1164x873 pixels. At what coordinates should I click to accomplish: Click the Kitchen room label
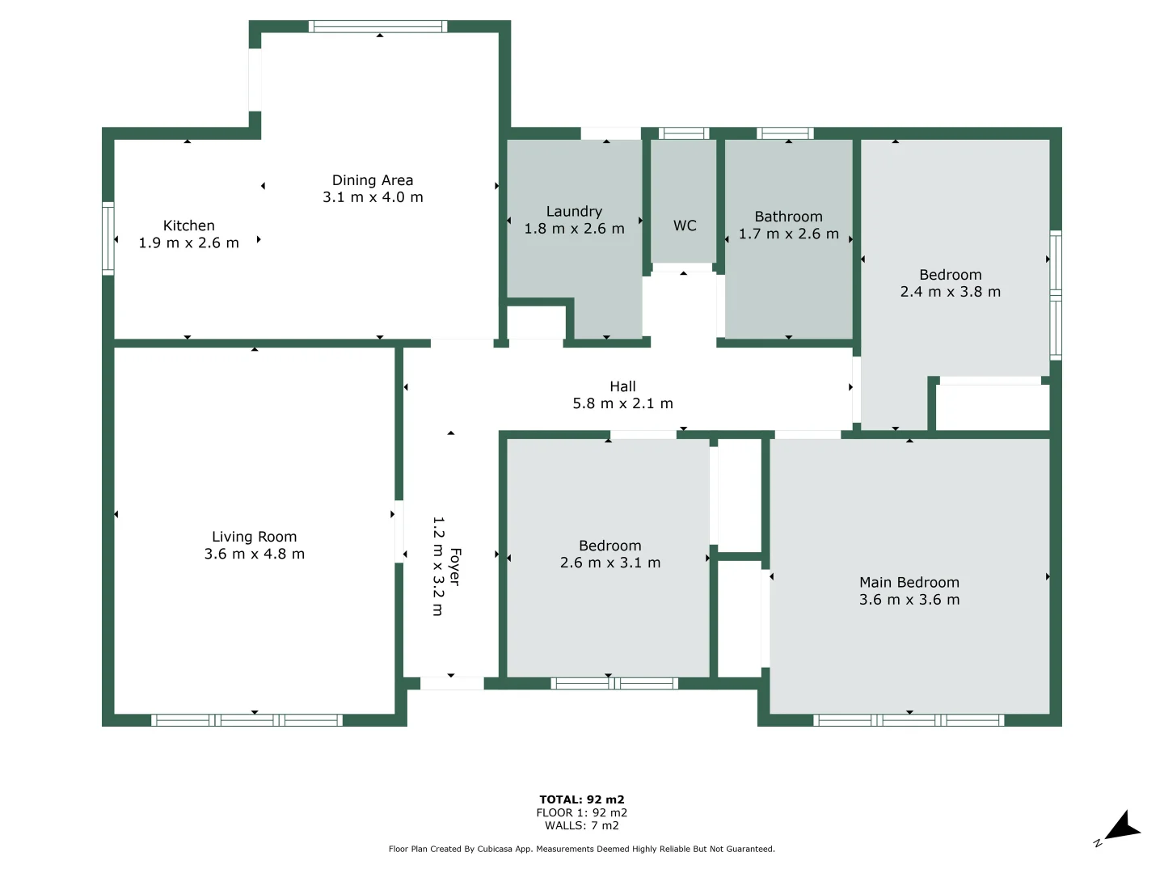coord(188,226)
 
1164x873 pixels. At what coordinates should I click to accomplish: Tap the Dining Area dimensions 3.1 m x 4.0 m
coord(373,197)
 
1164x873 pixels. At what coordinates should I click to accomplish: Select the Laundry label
coord(574,211)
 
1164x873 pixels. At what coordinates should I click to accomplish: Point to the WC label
coord(685,226)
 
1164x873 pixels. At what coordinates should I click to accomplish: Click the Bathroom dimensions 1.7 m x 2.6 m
coord(788,234)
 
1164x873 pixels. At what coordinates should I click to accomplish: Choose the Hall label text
coord(622,386)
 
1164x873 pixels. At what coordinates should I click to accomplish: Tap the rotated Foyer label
coord(455,567)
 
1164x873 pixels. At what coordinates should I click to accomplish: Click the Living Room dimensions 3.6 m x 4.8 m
coord(254,555)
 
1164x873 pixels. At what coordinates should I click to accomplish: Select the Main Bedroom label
coord(909,582)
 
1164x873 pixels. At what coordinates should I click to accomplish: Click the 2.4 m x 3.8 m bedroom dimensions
coord(950,292)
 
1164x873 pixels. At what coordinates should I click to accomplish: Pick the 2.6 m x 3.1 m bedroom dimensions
coord(609,563)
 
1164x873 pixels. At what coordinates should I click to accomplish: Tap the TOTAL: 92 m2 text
coord(581,799)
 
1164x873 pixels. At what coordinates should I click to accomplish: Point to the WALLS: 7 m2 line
coord(581,825)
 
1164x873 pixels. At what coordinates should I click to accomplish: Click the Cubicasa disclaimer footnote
coord(581,849)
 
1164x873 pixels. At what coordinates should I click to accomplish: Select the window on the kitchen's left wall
coord(108,238)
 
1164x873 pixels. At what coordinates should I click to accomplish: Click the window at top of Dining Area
coord(377,27)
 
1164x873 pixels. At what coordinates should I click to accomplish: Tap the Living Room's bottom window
coord(247,720)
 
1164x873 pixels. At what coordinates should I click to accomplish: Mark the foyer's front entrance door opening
coord(452,684)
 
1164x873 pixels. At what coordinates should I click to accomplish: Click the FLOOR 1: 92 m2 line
coord(581,812)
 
